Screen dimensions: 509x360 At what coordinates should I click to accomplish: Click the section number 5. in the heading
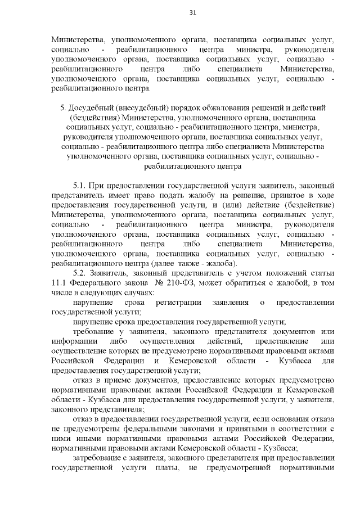pyautogui.click(x=62, y=107)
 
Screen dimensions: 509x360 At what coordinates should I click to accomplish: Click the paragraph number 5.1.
pyautogui.click(x=82, y=184)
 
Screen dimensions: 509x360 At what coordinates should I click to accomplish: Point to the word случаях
pyautogui.click(x=136, y=293)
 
